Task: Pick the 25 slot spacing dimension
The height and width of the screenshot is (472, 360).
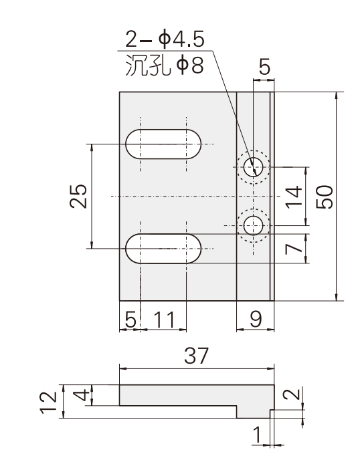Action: pos(79,196)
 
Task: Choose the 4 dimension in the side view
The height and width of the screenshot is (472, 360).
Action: pos(81,395)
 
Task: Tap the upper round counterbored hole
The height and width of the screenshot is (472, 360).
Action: pos(253,167)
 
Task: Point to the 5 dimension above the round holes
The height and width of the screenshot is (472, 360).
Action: pos(264,67)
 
